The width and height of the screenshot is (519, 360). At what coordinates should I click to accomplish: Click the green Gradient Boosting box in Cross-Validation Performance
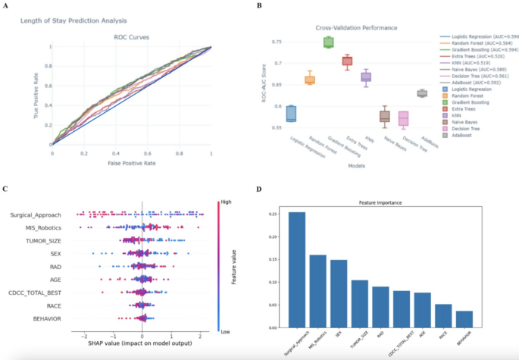tap(328, 42)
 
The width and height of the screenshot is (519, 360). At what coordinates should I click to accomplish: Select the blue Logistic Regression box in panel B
tap(291, 114)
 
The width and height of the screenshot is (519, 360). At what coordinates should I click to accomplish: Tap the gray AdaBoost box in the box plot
tap(422, 93)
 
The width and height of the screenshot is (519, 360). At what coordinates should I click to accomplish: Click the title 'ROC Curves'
tap(132, 36)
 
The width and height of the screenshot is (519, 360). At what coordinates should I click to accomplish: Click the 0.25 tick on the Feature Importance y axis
tap(274, 214)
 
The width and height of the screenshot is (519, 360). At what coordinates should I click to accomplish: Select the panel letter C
tap(6, 189)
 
